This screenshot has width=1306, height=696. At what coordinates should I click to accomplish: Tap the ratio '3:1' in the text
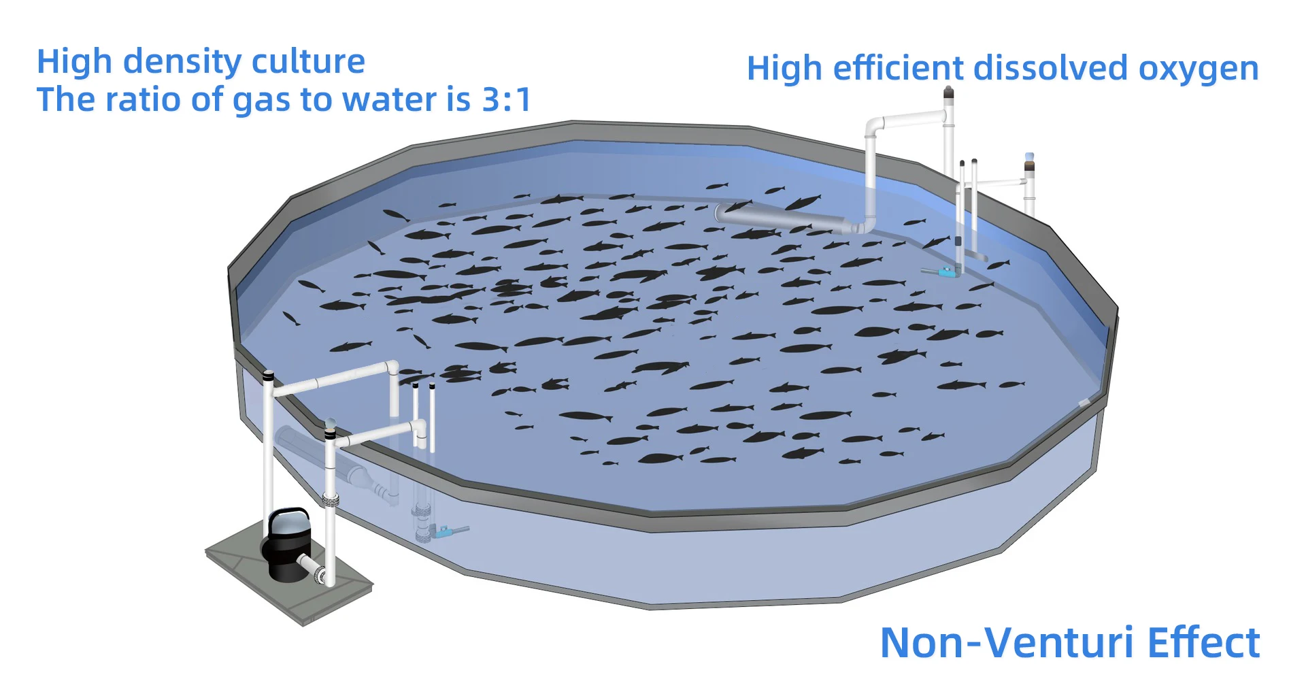(506, 100)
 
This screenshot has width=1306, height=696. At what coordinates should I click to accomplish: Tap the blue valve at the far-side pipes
(945, 272)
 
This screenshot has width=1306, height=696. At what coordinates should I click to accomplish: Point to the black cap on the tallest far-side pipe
(948, 95)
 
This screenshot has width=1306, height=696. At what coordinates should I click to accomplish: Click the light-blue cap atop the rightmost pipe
(1029, 157)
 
